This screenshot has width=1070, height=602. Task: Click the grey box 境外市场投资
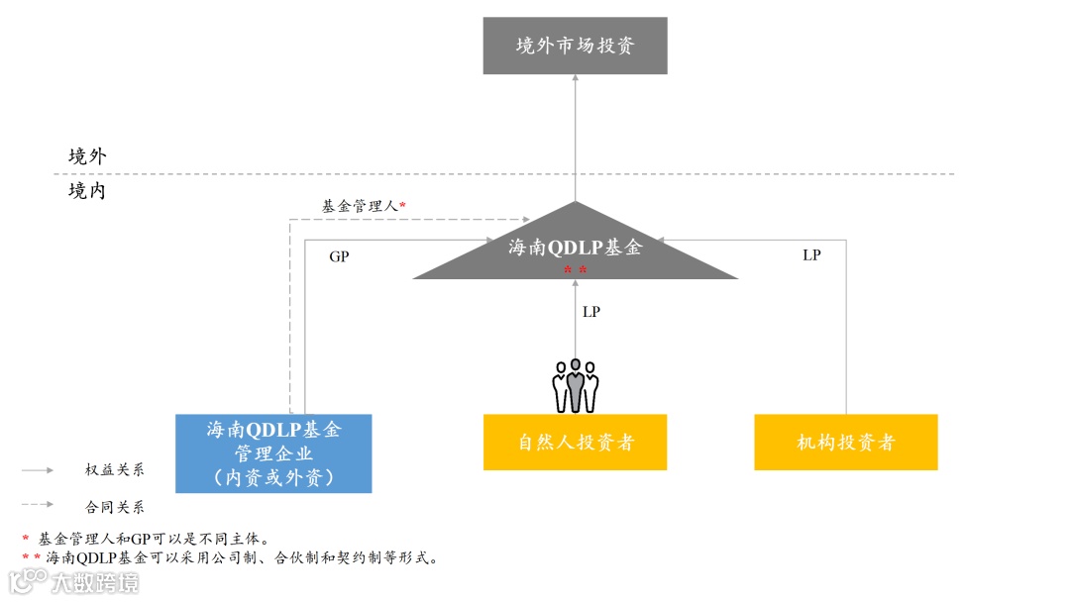point(575,46)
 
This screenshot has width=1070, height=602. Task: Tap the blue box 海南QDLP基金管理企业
point(273,453)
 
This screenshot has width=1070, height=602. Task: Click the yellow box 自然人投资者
point(575,442)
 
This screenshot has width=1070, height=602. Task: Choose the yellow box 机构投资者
point(845,442)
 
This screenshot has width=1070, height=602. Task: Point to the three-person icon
point(575,385)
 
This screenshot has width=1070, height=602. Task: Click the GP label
point(339,256)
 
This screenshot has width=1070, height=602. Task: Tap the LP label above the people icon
point(591,312)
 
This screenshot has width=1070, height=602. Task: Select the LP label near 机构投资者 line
point(811,255)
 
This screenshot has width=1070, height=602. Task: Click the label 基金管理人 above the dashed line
point(360,206)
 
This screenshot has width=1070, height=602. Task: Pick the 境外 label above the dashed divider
point(87,156)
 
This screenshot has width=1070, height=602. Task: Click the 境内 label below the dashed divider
point(87,191)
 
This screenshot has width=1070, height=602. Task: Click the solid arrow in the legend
point(39,470)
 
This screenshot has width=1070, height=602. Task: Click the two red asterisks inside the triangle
point(575,270)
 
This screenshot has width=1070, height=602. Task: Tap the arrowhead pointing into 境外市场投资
point(575,80)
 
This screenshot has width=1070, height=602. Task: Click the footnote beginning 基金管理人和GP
point(153,539)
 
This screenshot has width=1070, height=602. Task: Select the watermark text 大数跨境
point(96,582)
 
